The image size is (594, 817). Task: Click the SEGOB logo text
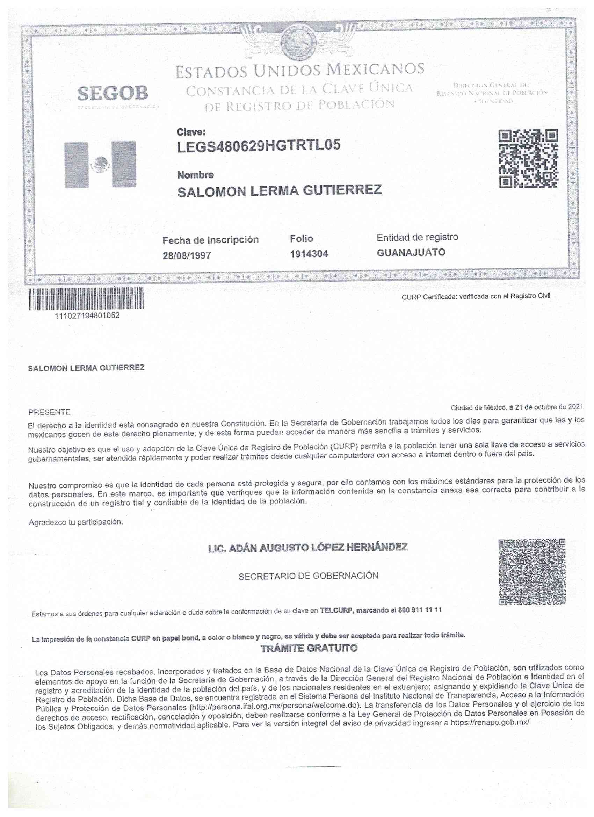(x=113, y=94)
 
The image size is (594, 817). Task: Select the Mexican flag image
(x=100, y=165)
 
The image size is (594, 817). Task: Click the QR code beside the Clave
(x=528, y=159)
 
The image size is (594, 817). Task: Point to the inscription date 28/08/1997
(x=187, y=256)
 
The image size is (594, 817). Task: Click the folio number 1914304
(x=309, y=254)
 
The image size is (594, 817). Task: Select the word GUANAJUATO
(x=411, y=253)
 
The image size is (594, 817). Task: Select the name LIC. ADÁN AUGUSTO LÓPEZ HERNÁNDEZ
(x=308, y=548)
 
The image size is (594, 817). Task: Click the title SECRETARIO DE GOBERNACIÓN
(x=308, y=576)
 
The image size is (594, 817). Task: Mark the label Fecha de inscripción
(x=210, y=240)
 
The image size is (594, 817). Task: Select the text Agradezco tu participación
(x=75, y=522)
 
